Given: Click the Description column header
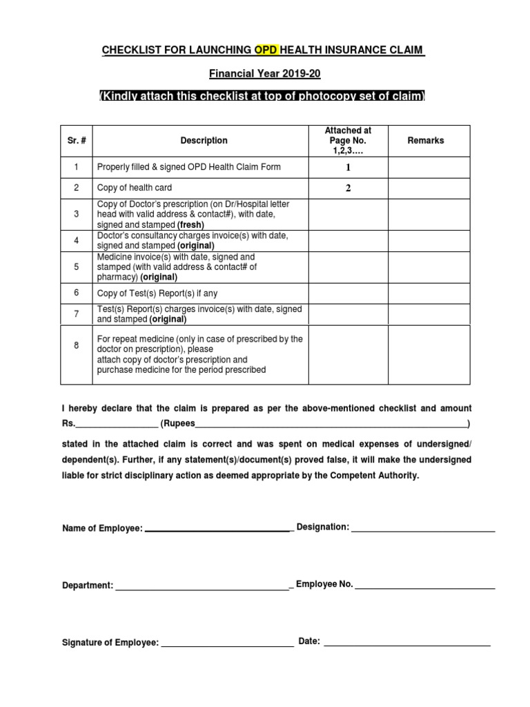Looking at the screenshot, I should coord(204,140).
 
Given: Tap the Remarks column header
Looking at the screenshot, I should coord(426,140).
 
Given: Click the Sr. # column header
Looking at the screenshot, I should coord(77,140).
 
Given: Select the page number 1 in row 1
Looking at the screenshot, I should coord(348,168).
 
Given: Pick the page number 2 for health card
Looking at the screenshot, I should coord(348,188).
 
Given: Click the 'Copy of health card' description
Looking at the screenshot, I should coord(135,188).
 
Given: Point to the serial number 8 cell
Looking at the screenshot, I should coord(77,345).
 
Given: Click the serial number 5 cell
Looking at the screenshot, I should coord(77,267).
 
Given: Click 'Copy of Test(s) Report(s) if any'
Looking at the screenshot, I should coord(157,293).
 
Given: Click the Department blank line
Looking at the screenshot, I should coord(202,588).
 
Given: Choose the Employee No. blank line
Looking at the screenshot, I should coord(425,587).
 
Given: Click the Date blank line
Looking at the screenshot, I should coord(406,643).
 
